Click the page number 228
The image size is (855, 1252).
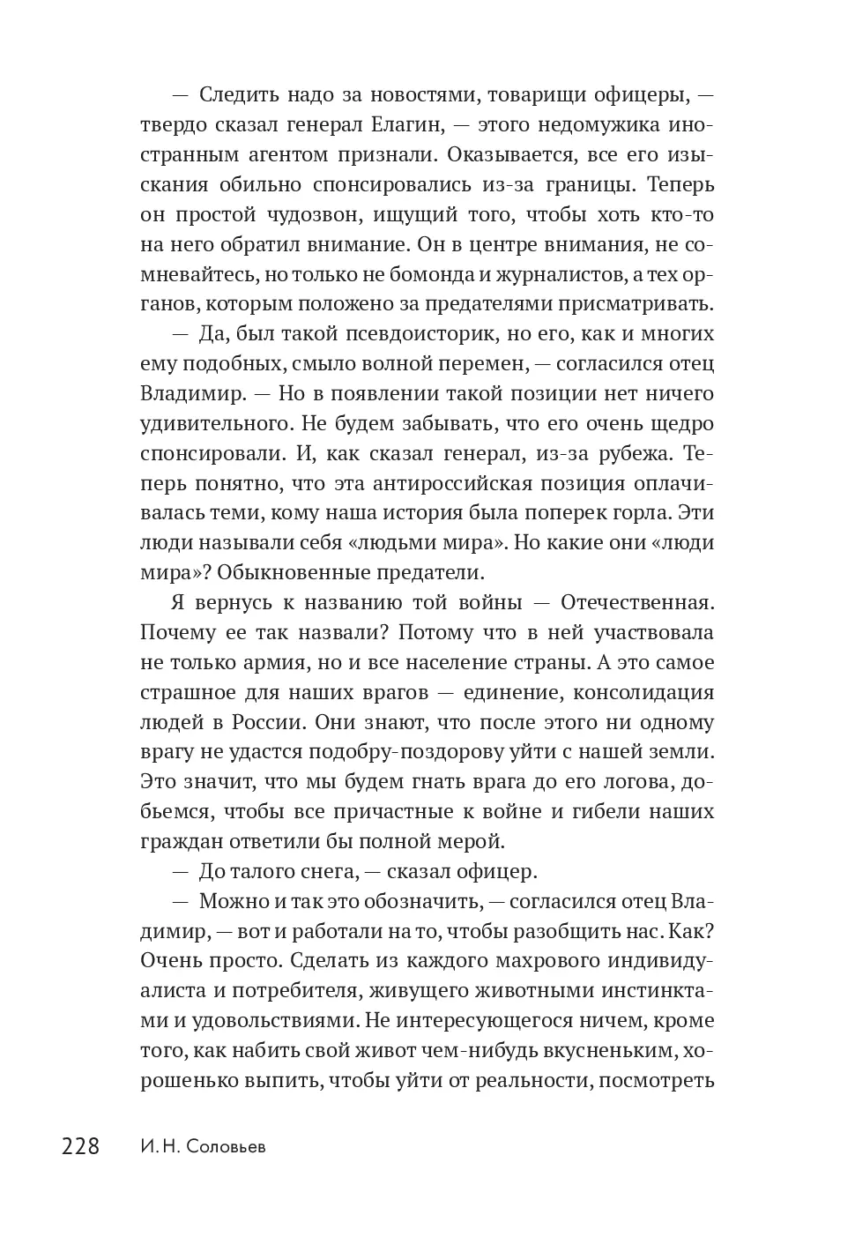click(80, 1146)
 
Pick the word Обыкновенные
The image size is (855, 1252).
click(288, 572)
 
